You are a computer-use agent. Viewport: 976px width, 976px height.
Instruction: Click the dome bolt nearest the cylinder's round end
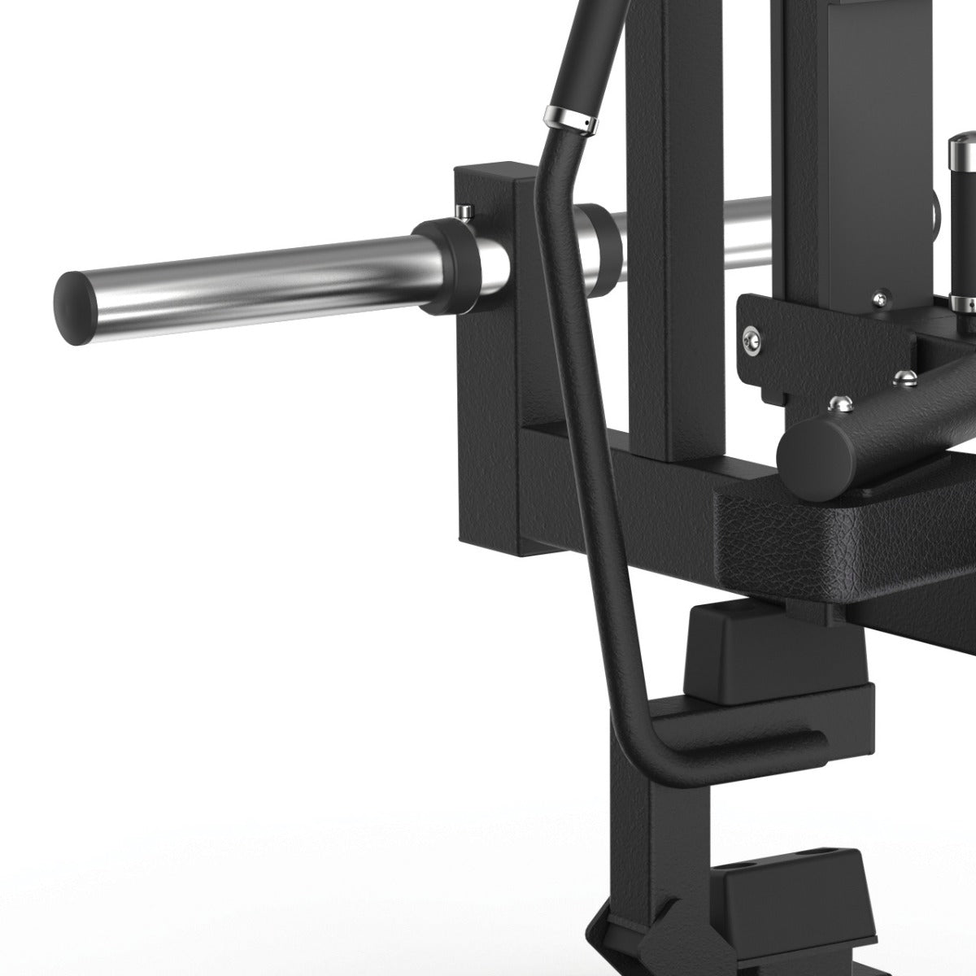point(838,402)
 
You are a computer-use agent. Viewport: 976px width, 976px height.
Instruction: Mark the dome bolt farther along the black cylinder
point(903,376)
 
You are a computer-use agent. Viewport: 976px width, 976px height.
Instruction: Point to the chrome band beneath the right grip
point(963,303)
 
